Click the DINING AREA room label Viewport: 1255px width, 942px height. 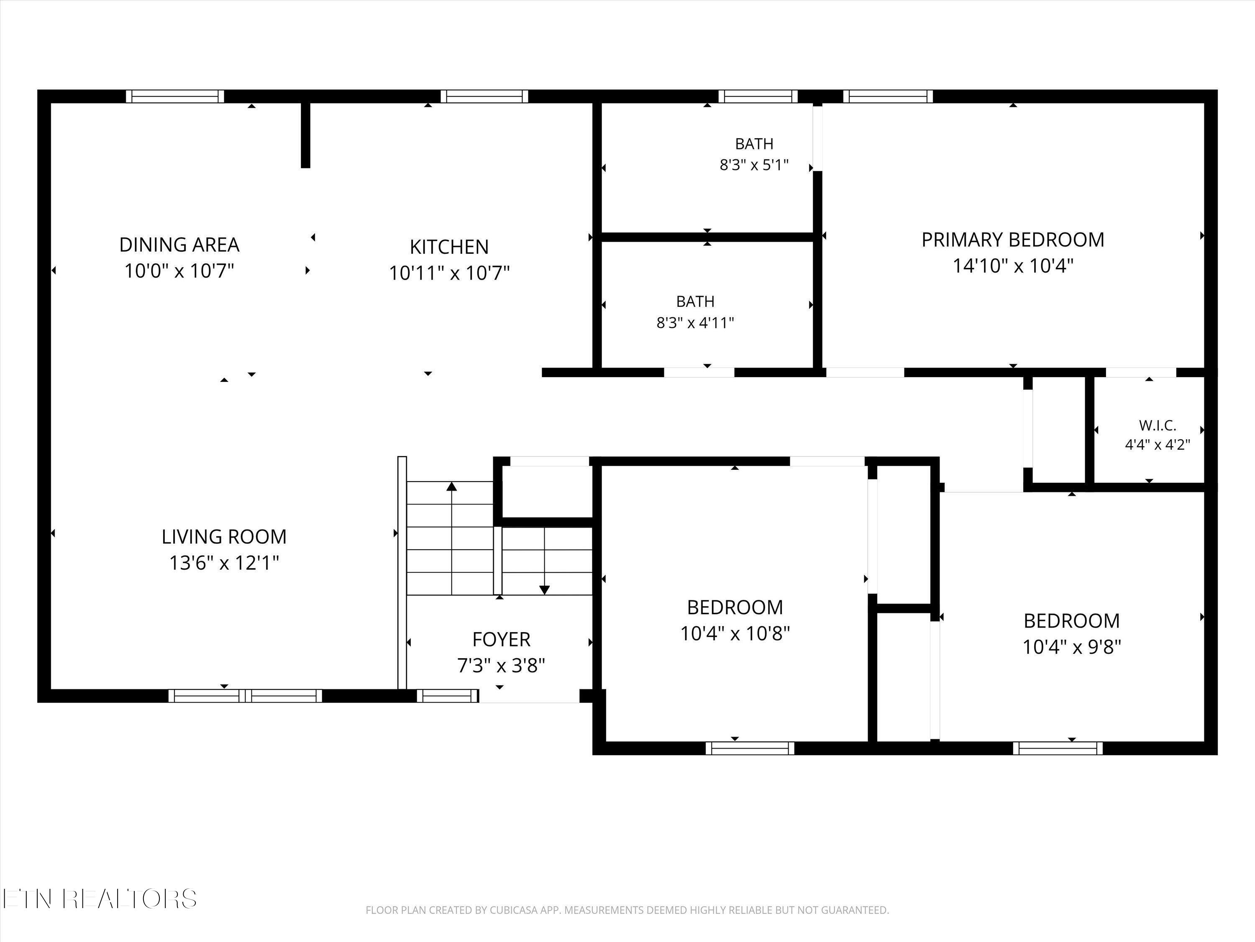tap(179, 245)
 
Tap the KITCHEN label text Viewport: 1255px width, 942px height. tap(449, 247)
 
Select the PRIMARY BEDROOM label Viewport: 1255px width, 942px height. tap(1013, 239)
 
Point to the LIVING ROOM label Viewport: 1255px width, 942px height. tap(224, 537)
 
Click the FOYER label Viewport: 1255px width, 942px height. tap(501, 639)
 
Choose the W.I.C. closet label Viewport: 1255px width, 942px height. tap(1158, 425)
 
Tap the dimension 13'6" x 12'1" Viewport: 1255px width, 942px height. tap(224, 563)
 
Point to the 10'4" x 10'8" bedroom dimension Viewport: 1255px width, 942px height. tap(735, 633)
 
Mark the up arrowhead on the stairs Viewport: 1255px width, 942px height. tap(452, 486)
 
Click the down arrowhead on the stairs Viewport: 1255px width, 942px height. tap(545, 590)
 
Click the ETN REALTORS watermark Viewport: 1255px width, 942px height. tap(100, 899)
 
